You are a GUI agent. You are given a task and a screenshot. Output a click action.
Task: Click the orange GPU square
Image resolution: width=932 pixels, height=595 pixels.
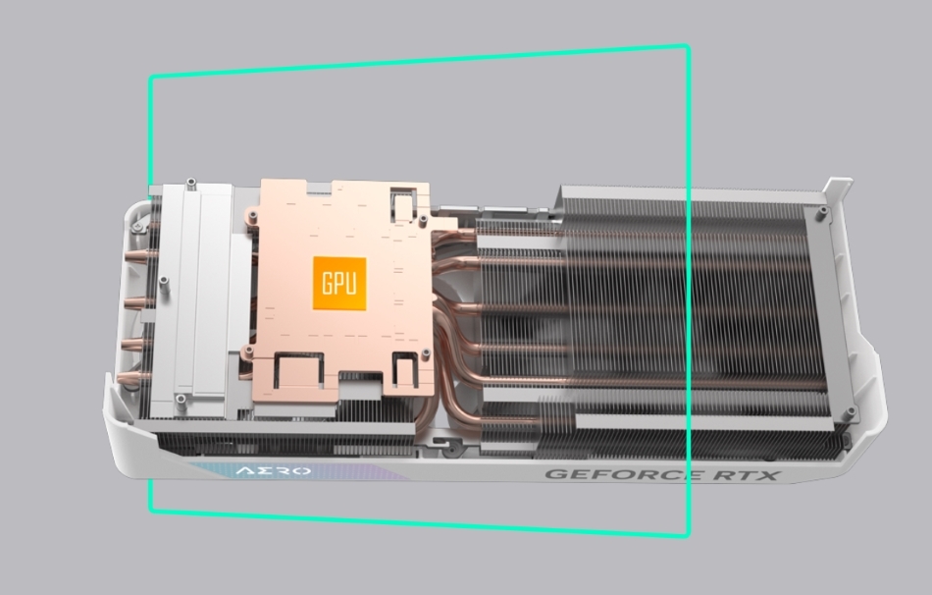click(x=339, y=284)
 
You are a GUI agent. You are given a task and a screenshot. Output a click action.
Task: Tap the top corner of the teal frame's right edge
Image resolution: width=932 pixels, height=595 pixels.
click(x=687, y=46)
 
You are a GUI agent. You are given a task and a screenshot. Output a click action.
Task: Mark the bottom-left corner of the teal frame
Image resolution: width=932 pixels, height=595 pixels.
click(x=150, y=510)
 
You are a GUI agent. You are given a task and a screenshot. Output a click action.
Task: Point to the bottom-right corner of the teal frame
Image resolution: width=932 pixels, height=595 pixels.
click(x=687, y=535)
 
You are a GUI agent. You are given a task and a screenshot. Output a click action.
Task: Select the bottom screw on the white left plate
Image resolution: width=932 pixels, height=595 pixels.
click(x=180, y=399)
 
